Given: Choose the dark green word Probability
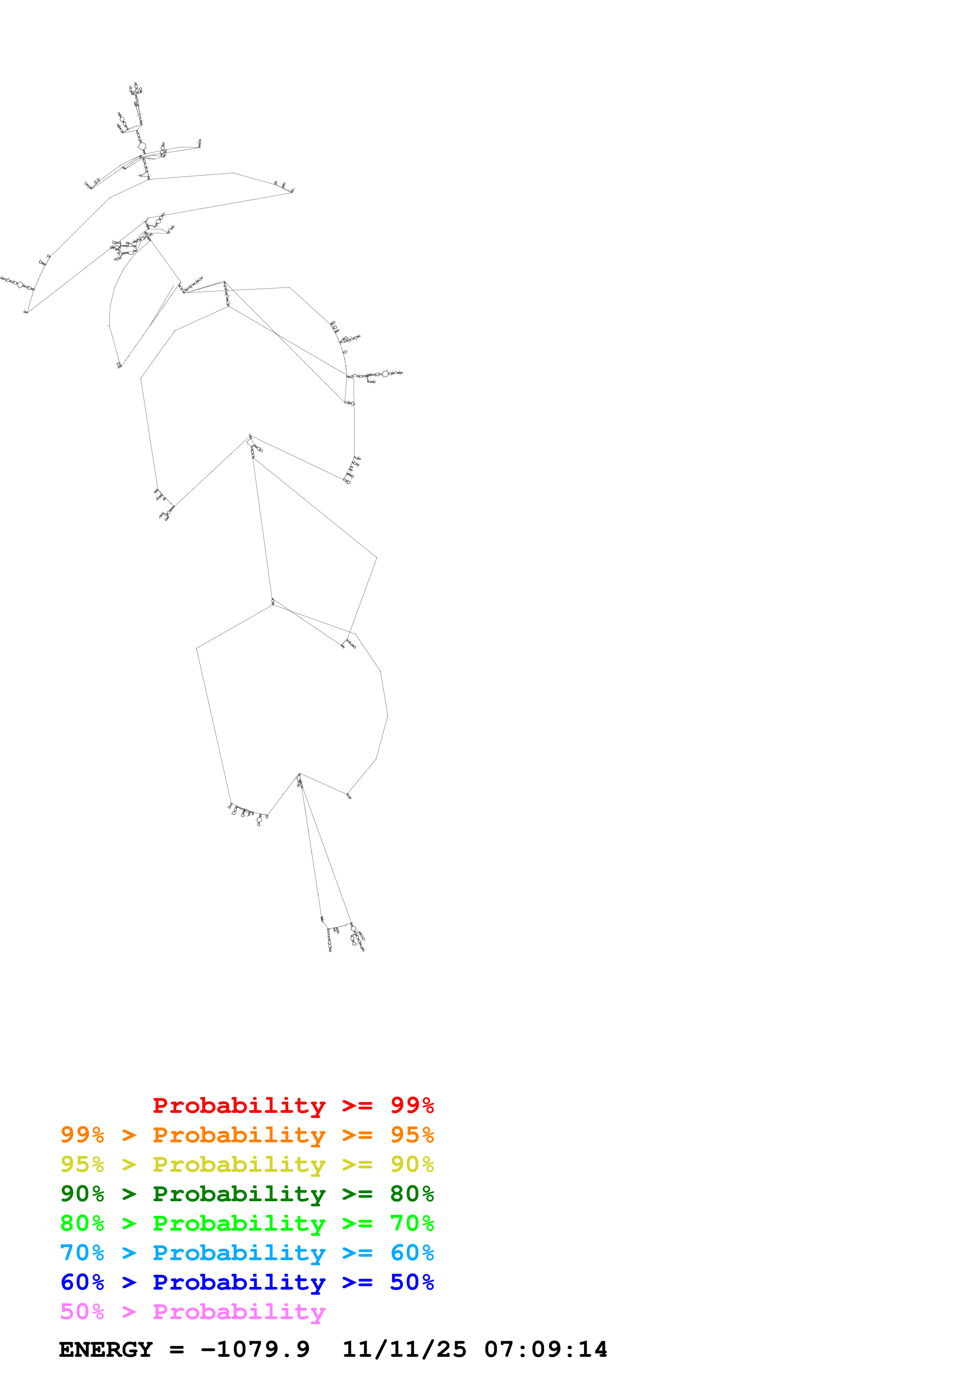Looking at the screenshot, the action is [239, 1194].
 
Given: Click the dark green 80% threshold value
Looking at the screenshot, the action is [412, 1194].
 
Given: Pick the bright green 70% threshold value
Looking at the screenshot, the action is [412, 1223].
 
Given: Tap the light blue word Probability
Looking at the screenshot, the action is [239, 1253].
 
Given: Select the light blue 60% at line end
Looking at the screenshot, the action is [412, 1253].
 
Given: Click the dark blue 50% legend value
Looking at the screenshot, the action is [412, 1282].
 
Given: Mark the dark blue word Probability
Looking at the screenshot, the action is [239, 1282].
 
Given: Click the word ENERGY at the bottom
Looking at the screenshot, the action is [106, 1349].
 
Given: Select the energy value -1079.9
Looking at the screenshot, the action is [255, 1349].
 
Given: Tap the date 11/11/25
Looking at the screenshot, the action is [404, 1349].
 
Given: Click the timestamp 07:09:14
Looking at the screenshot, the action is [545, 1349].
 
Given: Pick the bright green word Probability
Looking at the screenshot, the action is [239, 1223].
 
